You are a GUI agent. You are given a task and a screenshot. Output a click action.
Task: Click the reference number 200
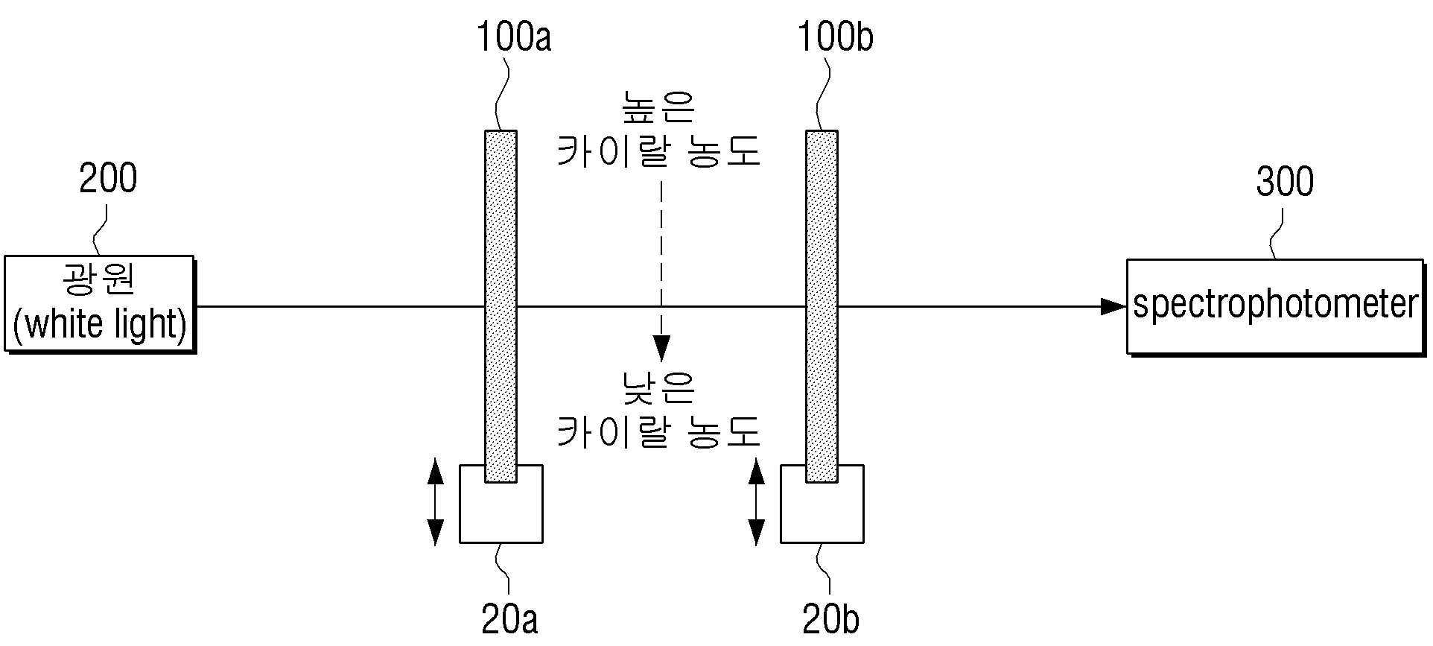coord(108,179)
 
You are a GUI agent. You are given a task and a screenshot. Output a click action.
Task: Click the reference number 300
coord(1285,182)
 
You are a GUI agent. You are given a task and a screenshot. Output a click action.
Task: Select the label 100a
coord(514,37)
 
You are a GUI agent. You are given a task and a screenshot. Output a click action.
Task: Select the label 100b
coord(836,37)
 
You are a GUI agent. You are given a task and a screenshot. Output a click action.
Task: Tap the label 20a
coord(509,619)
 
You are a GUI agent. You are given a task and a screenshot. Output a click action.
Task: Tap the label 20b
coord(831,619)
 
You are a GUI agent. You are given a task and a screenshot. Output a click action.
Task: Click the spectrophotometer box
coord(1275,306)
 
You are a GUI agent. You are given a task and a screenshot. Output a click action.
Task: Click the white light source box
coord(100,303)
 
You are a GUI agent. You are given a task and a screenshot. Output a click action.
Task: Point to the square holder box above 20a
coord(501,504)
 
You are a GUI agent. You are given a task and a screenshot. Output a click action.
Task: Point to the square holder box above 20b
coord(822,504)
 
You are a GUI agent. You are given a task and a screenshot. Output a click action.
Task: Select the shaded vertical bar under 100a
coord(501,307)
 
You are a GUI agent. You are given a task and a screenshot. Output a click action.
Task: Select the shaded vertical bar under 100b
coord(822,307)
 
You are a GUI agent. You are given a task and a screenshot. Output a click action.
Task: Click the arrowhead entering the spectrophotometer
coord(1113,306)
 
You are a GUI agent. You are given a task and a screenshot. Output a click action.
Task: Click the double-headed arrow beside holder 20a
coord(435,503)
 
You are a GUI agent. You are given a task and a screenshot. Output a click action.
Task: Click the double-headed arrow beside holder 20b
coord(756,503)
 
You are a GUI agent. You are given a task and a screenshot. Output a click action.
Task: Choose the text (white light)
coord(100,325)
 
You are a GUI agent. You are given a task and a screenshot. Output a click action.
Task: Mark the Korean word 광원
coord(98,279)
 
